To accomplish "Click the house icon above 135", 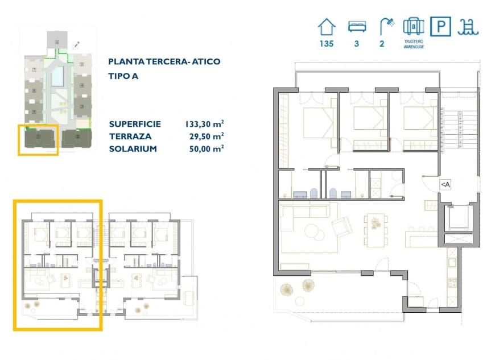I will coord(326,26).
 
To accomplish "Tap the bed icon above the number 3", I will coord(356,26).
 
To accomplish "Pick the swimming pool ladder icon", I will coord(469,26).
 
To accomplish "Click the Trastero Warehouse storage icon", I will coord(413,27).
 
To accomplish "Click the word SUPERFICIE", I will coord(135,124).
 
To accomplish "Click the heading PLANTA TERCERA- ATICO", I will coord(164,61).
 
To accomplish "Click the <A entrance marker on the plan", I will coord(445,184).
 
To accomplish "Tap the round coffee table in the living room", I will coord(313,231).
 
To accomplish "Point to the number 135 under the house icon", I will coord(326,43).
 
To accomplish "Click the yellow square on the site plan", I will coord(38,140).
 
